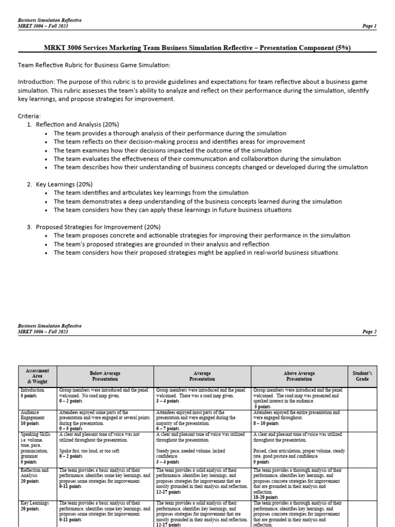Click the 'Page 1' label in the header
pyautogui.click(x=369, y=26)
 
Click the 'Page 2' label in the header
pyautogui.click(x=369, y=332)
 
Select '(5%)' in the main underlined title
pyautogui.click(x=342, y=48)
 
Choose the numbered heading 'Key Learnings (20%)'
pyautogui.click(x=64, y=184)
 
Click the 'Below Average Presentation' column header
pyautogui.click(x=105, y=375)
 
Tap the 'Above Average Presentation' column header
pyautogui.click(x=299, y=375)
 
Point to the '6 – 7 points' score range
pyautogui.click(x=168, y=428)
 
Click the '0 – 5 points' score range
pyautogui.click(x=71, y=428)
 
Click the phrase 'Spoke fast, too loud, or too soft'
pyautogui.click(x=92, y=450)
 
